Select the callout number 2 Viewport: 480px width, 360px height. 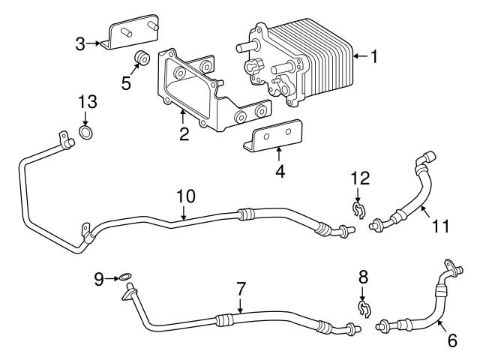click(x=183, y=135)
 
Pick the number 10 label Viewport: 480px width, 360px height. click(x=186, y=196)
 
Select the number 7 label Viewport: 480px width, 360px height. click(x=241, y=287)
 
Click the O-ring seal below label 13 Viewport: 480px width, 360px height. click(x=86, y=134)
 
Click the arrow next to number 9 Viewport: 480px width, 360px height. click(x=111, y=279)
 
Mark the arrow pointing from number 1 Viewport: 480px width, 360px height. click(x=360, y=55)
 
